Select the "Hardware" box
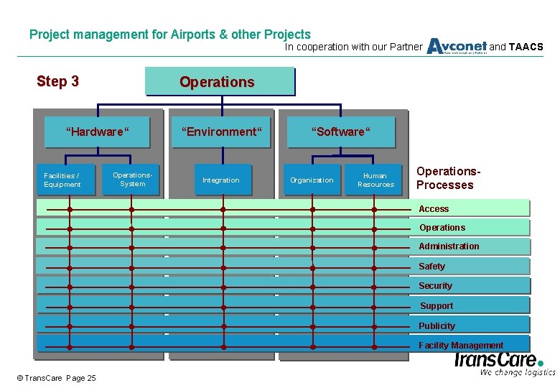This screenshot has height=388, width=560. point(97,131)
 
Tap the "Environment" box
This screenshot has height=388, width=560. point(221,131)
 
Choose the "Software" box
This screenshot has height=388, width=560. point(340,131)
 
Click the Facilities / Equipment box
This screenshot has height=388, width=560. point(62,180)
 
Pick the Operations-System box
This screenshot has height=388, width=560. point(133,179)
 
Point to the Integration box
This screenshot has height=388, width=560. point(221,180)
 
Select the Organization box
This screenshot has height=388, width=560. point(312,180)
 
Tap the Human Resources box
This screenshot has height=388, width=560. point(375,180)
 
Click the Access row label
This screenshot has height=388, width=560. point(434,209)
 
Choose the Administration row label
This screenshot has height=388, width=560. point(449,246)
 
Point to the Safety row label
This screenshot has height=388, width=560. point(431,267)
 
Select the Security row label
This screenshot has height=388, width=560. point(435,286)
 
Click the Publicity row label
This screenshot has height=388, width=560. point(437,326)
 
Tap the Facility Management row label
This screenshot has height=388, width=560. point(461,346)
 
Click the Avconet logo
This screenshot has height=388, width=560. point(457,47)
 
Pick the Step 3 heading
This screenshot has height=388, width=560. point(57,81)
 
